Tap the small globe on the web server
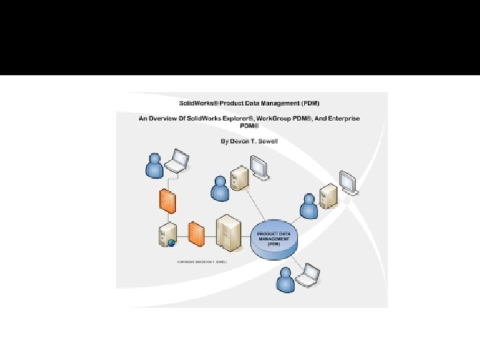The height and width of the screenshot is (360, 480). coord(171,243)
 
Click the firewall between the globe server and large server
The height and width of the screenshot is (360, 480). coord(195,232)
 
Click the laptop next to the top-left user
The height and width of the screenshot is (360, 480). coord(179,160)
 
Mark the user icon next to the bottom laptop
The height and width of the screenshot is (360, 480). coord(286,279)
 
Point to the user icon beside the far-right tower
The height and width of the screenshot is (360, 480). coord(308,206)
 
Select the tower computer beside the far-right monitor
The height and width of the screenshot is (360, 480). coord(327,197)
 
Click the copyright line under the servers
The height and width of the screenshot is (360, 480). coord(202,262)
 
